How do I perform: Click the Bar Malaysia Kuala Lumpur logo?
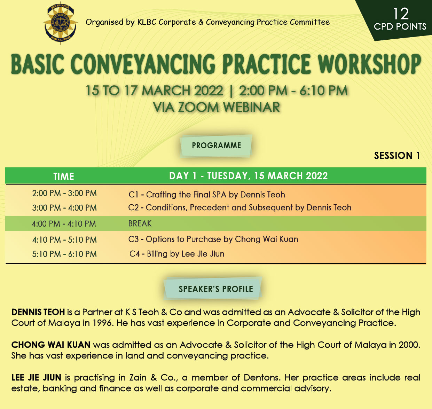point(60,23)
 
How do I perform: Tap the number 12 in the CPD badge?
point(401,14)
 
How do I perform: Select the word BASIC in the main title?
point(38,64)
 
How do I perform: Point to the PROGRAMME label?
point(217,145)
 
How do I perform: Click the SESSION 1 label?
point(397,156)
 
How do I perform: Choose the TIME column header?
point(64,176)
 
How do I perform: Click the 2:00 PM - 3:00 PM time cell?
point(64,194)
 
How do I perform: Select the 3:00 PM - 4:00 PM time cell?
point(64,208)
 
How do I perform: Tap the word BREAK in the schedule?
point(140,223)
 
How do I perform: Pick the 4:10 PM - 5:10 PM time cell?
point(64,240)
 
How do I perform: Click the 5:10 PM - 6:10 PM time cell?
point(64,254)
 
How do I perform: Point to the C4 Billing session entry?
point(177,254)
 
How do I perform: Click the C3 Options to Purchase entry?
point(213,239)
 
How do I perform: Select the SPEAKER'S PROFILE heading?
point(216,289)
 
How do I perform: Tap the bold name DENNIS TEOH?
point(38,312)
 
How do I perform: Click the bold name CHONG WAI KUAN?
point(51,345)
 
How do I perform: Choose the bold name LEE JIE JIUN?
point(36,378)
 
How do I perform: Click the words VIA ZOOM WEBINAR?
point(217,108)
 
